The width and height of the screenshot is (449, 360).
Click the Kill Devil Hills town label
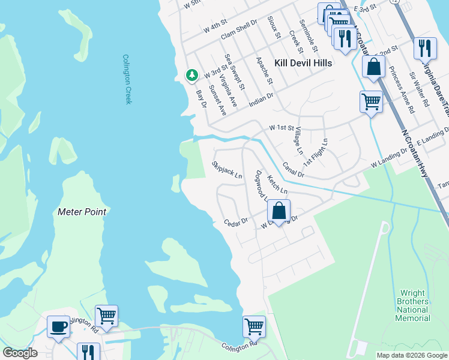[x=303, y=63]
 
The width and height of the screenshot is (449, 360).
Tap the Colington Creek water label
[x=127, y=79]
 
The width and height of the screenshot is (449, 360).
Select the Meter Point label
[x=82, y=212]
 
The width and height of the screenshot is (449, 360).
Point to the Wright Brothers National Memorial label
[x=412, y=306]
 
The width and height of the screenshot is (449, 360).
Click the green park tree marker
[x=191, y=75]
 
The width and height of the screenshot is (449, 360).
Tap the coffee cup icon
[x=58, y=326]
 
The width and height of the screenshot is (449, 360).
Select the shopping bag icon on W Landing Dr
[x=279, y=211]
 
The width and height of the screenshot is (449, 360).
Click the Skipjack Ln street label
[x=227, y=170]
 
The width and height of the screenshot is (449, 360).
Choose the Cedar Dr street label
[x=236, y=222]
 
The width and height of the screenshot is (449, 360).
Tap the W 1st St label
[x=282, y=128]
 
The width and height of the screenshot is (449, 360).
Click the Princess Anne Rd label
[x=401, y=91]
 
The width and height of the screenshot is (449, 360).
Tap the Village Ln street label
[x=298, y=142]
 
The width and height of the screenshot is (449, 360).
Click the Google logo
[x=20, y=353]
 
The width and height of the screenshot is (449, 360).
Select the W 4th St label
[x=215, y=28]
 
